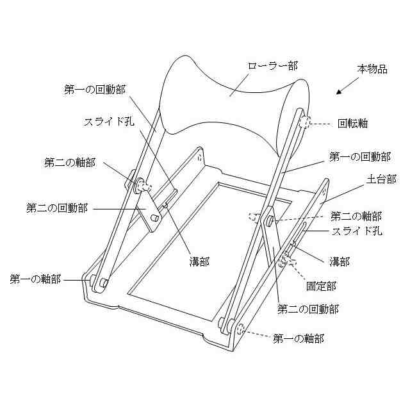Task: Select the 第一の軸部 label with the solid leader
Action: pyautogui.click(x=36, y=279)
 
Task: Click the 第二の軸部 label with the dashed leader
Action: pyautogui.click(x=356, y=215)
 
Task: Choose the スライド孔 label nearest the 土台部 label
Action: pyautogui.click(x=356, y=231)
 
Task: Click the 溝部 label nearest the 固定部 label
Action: pyautogui.click(x=340, y=261)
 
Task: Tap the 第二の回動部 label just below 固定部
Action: pyautogui.click(x=307, y=309)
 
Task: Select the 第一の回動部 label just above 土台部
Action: pyautogui.click(x=359, y=156)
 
